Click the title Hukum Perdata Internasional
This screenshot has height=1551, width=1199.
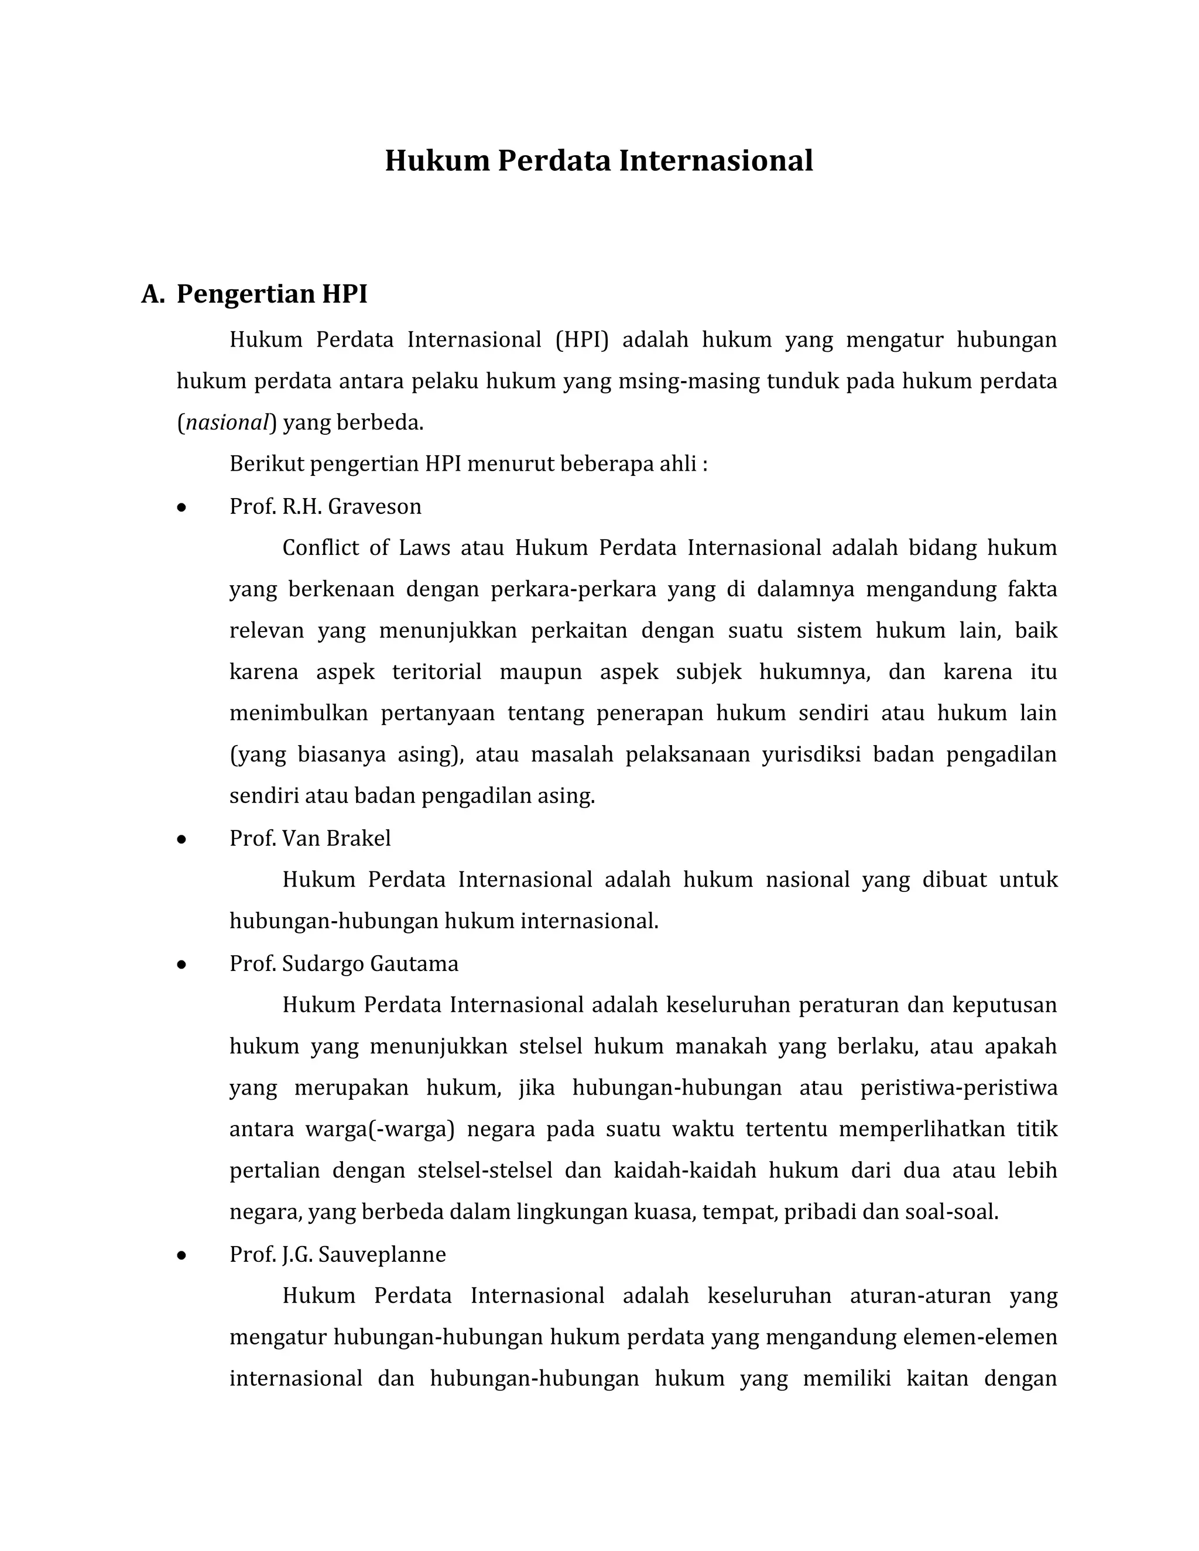[x=599, y=161]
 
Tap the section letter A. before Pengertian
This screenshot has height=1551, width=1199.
[x=153, y=293]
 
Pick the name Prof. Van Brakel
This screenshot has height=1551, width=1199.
[x=310, y=838]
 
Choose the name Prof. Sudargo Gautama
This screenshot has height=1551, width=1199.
[x=344, y=964]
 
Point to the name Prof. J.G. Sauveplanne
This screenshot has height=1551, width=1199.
[x=337, y=1255]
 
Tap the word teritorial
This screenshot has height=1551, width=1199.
[x=437, y=672]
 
